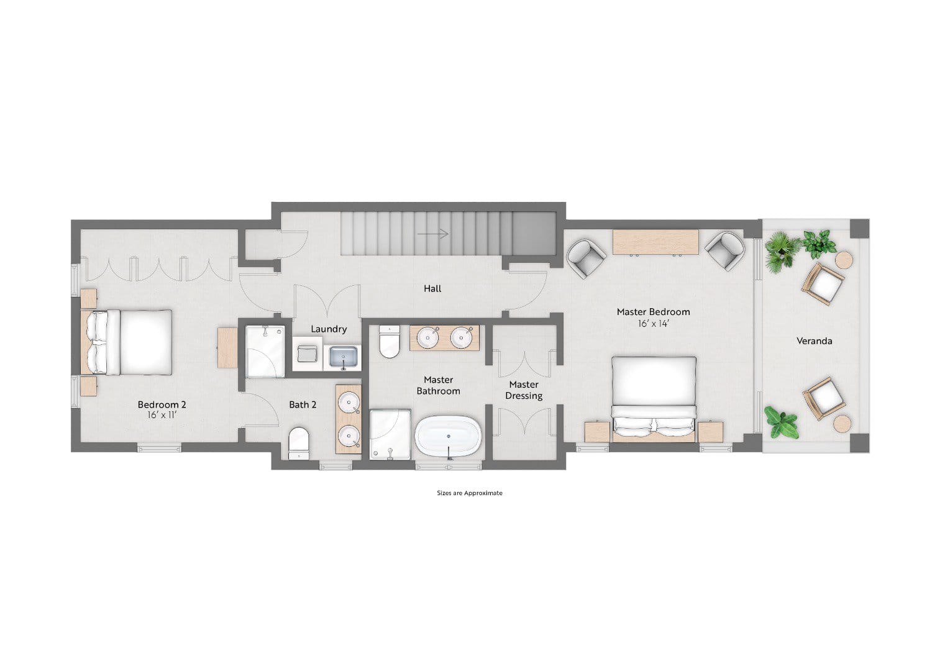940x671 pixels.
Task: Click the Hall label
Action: click(x=432, y=289)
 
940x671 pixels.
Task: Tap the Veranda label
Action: click(x=814, y=341)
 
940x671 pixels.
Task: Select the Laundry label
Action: click(x=329, y=329)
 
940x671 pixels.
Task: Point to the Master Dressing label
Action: click(x=524, y=390)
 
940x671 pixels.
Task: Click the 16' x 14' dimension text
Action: click(x=654, y=324)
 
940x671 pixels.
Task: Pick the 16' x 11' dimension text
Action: click(x=162, y=415)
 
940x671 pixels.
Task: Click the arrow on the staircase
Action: click(x=433, y=234)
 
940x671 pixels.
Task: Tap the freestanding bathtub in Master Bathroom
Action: click(x=449, y=437)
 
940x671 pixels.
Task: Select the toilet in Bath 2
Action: click(x=299, y=443)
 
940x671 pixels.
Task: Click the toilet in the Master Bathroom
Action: click(x=390, y=342)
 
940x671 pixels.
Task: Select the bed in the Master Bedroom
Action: click(x=654, y=399)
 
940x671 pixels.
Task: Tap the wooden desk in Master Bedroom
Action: click(x=655, y=242)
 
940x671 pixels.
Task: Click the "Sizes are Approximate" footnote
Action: click(x=470, y=493)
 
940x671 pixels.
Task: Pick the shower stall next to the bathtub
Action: click(x=390, y=434)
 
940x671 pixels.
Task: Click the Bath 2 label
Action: click(x=303, y=405)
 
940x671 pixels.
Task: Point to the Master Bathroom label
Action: click(x=438, y=385)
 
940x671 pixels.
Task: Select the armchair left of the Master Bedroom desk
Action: click(x=586, y=258)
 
